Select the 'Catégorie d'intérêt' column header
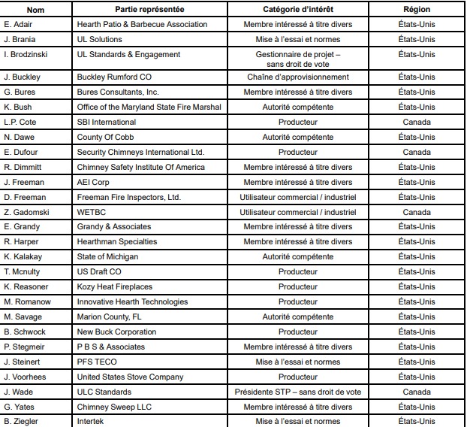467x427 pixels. (x=298, y=9)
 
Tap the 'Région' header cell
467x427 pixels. (x=417, y=9)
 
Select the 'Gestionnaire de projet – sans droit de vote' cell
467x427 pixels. (x=298, y=59)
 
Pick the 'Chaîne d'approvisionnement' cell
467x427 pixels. (x=298, y=77)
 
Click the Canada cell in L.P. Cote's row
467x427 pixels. (x=417, y=122)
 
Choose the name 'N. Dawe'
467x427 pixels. (x=19, y=137)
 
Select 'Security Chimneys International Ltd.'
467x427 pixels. (x=140, y=152)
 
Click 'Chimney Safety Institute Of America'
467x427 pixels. (x=140, y=167)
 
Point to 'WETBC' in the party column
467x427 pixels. (x=91, y=212)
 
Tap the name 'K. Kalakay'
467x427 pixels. (x=22, y=256)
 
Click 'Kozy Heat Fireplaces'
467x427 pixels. (x=114, y=286)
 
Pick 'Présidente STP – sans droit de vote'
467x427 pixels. (x=298, y=392)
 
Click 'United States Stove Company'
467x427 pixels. (x=130, y=377)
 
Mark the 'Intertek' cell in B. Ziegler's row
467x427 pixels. (x=92, y=421)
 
